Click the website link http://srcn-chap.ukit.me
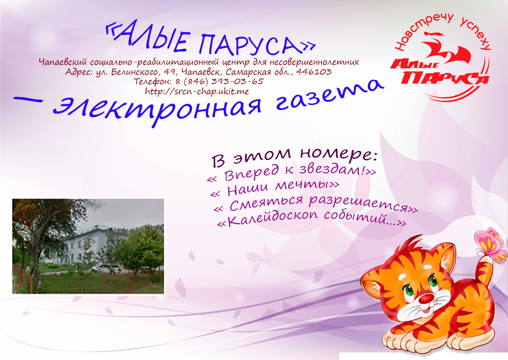pyautogui.click(x=197, y=91)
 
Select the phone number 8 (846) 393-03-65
pyautogui.click(x=219, y=81)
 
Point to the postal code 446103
pyautogui.click(x=314, y=72)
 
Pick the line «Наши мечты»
pyautogui.click(x=275, y=189)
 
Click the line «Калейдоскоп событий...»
pyautogui.click(x=312, y=219)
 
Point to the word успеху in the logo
pyautogui.click(x=476, y=33)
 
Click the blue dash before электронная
pyautogui.click(x=28, y=100)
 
